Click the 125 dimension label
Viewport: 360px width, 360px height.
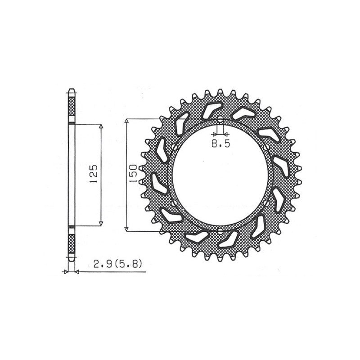point(94,175)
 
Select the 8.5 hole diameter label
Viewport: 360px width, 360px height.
point(220,144)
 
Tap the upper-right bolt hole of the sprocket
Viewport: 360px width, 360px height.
point(267,147)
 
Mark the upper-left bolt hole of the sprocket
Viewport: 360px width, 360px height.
point(174,147)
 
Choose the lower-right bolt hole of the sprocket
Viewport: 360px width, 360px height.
point(267,204)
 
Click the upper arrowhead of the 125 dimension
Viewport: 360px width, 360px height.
point(101,126)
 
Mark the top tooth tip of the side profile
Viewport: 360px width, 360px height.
point(71,89)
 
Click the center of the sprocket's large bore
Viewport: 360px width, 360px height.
point(220,175)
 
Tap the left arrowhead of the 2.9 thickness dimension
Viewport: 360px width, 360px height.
point(66,272)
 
